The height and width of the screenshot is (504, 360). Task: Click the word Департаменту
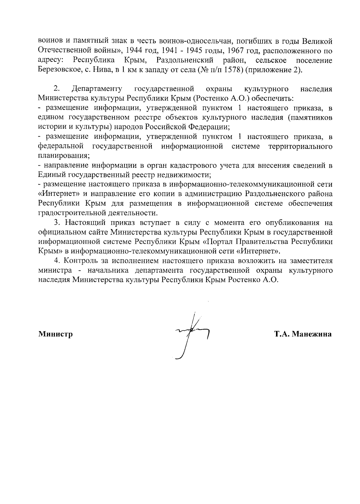pos(97,89)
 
